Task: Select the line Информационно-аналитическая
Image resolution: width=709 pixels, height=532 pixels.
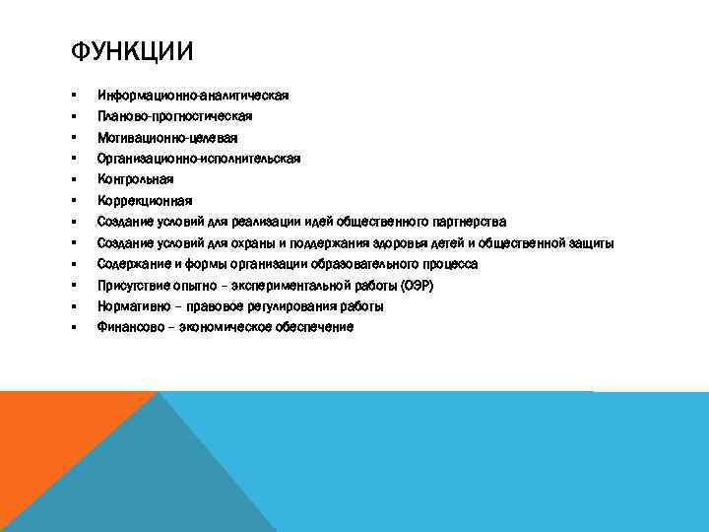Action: (x=192, y=96)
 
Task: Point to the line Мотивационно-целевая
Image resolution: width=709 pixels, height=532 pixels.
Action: (x=166, y=138)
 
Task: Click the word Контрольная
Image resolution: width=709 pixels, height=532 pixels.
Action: (x=135, y=179)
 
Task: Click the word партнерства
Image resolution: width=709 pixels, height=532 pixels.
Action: (x=468, y=222)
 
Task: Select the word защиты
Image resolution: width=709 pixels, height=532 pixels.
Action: (x=592, y=242)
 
